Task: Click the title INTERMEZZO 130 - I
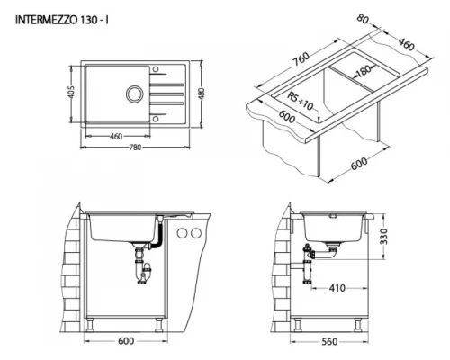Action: coord(62,20)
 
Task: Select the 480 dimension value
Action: coord(202,94)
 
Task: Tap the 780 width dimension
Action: coord(135,148)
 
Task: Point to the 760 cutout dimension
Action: coord(301,59)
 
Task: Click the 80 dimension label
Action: coord(363,19)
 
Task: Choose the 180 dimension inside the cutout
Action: coord(363,71)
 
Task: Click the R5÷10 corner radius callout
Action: coord(300,101)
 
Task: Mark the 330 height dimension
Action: coord(383,237)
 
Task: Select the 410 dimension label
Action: coord(337,288)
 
